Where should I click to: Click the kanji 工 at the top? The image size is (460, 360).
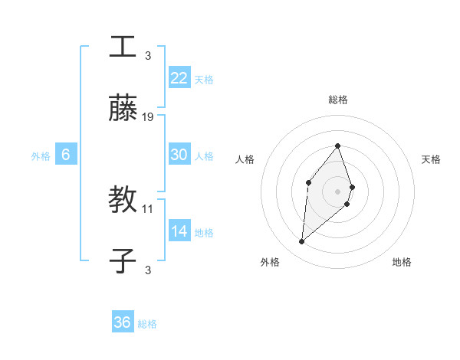click(x=123, y=47)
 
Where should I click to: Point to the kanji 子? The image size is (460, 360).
click(x=123, y=261)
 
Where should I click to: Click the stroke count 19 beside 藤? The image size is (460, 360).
click(x=148, y=117)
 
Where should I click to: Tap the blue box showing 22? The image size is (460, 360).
click(x=179, y=78)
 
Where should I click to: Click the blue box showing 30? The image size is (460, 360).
click(x=179, y=155)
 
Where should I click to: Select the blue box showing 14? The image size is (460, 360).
click(x=179, y=231)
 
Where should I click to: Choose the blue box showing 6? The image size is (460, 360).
click(x=66, y=155)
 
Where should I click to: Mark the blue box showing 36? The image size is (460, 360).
click(x=123, y=322)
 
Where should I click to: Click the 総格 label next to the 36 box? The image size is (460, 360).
click(x=147, y=324)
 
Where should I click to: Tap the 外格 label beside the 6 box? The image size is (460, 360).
click(x=41, y=156)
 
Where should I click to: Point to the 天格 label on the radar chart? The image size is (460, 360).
click(x=431, y=159)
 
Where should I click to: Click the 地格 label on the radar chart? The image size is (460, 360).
click(x=402, y=263)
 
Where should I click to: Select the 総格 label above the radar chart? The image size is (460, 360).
click(x=337, y=100)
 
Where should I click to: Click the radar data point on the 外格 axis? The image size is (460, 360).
click(x=301, y=242)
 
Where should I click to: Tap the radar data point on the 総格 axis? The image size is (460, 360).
click(x=337, y=146)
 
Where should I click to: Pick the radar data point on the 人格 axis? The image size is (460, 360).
click(x=308, y=182)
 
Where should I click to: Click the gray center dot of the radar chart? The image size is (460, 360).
click(x=337, y=191)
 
